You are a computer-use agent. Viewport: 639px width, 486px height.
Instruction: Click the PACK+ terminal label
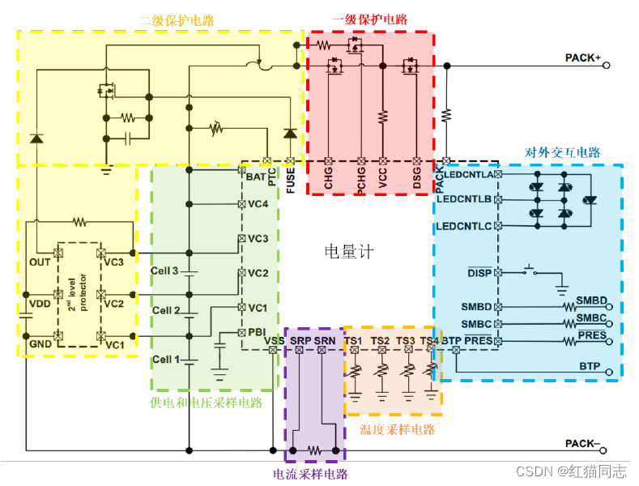[x=582, y=58]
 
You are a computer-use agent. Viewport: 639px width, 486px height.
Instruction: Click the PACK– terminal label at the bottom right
[x=582, y=443]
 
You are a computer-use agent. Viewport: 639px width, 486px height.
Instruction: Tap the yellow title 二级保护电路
[x=176, y=20]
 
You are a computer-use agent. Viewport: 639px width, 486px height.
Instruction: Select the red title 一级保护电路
[x=369, y=20]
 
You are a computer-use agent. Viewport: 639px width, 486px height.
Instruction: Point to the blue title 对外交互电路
[x=563, y=151]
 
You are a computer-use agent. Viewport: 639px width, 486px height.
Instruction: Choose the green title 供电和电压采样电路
[x=206, y=403]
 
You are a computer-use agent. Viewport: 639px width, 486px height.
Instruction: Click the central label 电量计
[x=349, y=252]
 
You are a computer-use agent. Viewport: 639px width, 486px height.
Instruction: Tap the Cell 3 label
[x=164, y=270]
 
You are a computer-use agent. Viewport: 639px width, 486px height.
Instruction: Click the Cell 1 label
[x=164, y=359]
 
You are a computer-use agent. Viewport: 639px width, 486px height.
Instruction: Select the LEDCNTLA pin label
[x=464, y=174]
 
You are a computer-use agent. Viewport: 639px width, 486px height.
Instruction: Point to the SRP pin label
[x=300, y=341]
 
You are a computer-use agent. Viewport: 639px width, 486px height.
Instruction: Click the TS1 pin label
[x=354, y=341]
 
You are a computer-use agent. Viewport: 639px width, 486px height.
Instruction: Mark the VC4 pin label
[x=258, y=204]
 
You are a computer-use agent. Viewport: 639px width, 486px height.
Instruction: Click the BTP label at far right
[x=590, y=366]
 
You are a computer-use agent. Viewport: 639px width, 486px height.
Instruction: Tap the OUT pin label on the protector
[x=40, y=262]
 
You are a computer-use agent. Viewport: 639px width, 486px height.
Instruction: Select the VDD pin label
[x=40, y=304]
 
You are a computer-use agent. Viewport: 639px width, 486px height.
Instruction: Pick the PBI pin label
[x=256, y=332]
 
